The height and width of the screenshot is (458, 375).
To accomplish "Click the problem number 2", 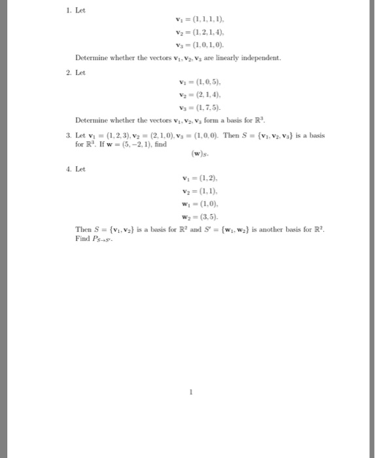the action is tap(71, 72).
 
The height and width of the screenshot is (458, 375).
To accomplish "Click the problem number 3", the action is tap(71, 135).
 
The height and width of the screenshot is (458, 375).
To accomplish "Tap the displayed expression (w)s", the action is tap(200, 155).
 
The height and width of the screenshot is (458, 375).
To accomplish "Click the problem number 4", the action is tap(71, 169).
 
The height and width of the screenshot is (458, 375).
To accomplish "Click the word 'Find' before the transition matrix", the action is tap(82, 239).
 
